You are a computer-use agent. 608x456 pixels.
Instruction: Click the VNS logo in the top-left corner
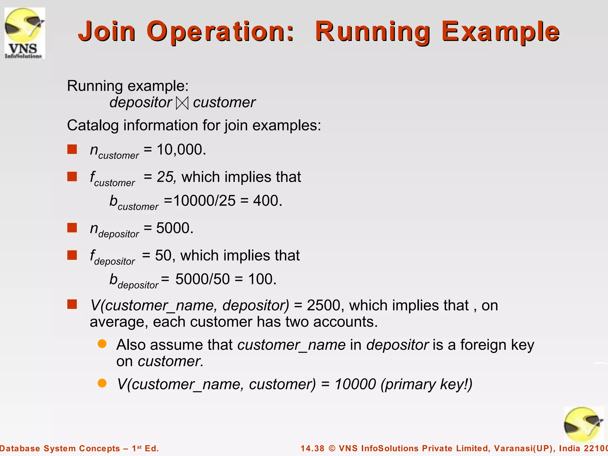25,33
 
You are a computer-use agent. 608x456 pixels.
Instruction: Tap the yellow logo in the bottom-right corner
583,425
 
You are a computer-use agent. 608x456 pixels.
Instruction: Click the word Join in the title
107,31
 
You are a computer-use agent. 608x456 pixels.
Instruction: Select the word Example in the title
500,31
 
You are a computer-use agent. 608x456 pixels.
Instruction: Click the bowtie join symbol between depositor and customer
182,103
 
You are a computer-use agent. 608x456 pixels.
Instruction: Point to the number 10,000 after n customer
181,149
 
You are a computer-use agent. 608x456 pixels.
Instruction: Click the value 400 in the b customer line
267,201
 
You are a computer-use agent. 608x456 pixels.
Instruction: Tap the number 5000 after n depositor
174,228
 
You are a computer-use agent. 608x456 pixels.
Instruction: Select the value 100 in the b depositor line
262,279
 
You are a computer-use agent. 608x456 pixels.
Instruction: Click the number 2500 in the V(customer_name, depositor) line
323,305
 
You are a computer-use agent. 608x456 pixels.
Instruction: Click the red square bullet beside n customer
72,149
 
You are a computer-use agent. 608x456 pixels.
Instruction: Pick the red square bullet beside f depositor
72,255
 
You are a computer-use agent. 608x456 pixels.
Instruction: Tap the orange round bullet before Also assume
102,344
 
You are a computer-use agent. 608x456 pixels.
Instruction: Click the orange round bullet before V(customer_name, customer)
102,383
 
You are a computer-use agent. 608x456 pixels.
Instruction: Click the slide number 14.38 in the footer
312,448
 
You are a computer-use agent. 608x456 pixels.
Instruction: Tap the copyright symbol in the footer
332,448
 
